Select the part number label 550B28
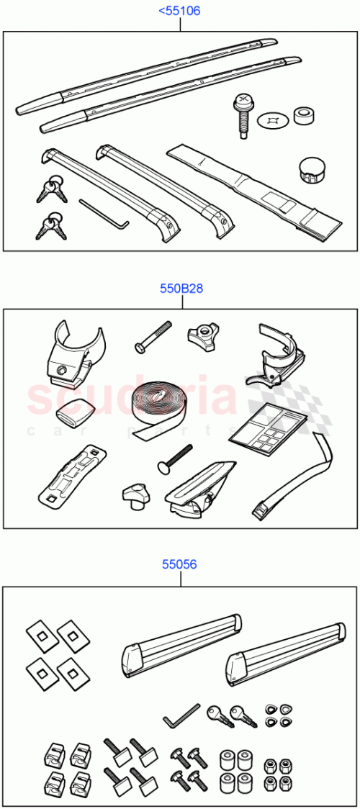(x=181, y=289)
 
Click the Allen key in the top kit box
(x=103, y=213)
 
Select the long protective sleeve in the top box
(x=256, y=192)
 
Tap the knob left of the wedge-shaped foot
(x=137, y=494)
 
